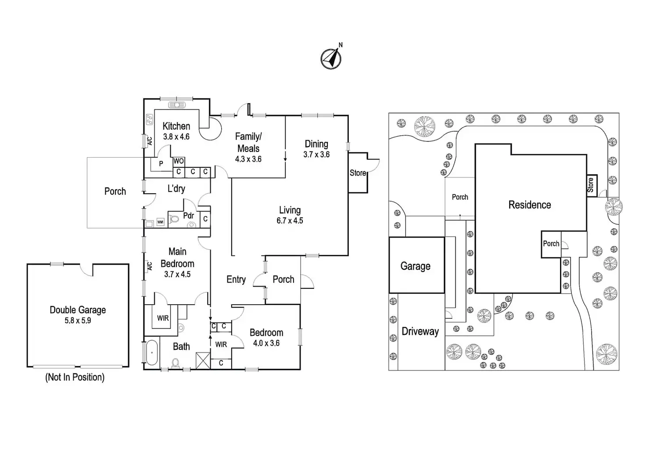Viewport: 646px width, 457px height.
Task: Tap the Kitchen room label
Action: click(x=176, y=126)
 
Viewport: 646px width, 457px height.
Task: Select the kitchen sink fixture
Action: click(x=177, y=105)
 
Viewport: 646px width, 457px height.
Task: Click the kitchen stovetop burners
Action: click(x=149, y=119)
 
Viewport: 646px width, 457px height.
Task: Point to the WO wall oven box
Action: click(x=179, y=161)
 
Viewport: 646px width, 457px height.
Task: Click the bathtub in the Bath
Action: click(x=152, y=353)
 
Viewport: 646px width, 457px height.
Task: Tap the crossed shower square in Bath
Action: click(x=203, y=360)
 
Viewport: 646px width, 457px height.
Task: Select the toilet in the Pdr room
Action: click(x=174, y=219)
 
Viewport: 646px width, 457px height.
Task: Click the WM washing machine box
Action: click(x=160, y=222)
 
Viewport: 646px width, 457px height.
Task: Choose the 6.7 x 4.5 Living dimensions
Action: click(x=290, y=221)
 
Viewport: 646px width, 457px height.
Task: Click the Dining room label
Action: click(x=316, y=144)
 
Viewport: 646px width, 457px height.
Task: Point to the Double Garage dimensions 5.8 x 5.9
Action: click(x=78, y=320)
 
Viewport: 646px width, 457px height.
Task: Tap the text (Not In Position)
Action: click(x=75, y=377)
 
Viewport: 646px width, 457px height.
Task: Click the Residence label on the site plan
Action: click(x=530, y=205)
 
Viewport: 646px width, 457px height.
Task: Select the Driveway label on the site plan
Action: click(x=420, y=331)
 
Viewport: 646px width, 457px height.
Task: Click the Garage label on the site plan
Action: click(x=415, y=266)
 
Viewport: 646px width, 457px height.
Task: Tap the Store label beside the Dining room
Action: click(x=358, y=173)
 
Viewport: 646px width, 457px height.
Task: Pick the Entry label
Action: click(x=236, y=279)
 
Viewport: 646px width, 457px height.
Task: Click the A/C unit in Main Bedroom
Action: click(x=150, y=266)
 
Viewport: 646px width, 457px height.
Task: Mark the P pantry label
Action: click(x=161, y=164)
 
